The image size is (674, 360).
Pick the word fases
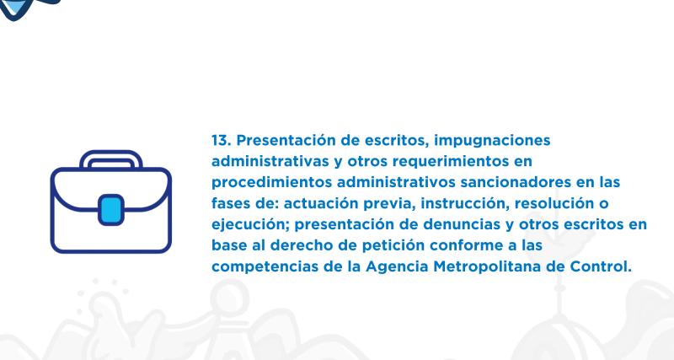229,204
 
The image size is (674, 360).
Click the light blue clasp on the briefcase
110,211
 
